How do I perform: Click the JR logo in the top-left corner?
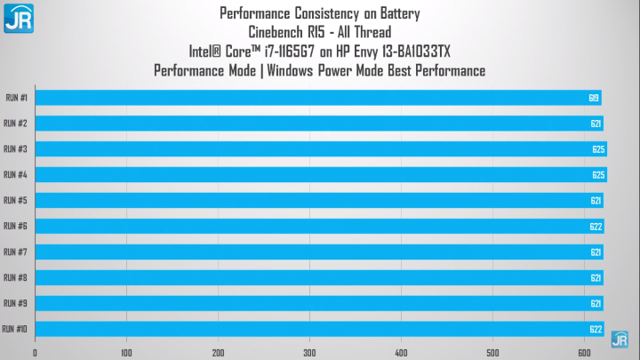pos(19,19)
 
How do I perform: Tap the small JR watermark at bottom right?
pos(620,340)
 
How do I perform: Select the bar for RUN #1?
pos(318,98)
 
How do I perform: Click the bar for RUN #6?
pos(320,226)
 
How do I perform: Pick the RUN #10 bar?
pos(320,329)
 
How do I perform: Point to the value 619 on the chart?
pos(594,98)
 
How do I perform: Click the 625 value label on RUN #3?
pos(598,149)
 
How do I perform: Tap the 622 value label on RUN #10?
pos(596,330)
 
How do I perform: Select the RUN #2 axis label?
pos(15,124)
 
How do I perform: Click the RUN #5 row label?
pos(15,200)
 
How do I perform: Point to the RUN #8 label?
pos(15,277)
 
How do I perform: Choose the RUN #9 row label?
pos(15,303)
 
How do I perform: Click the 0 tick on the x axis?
pos(35,353)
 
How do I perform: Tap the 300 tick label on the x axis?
pos(309,353)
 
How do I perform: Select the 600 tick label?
pos(584,353)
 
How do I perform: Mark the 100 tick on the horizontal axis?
pos(126,353)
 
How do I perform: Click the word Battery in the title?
pos(400,13)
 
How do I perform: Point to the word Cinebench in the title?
pos(276,32)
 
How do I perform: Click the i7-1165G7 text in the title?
pos(290,52)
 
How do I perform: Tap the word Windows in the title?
pos(290,70)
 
